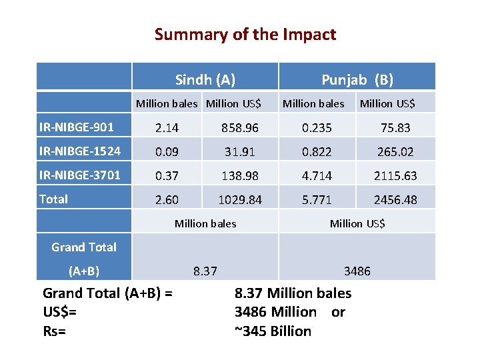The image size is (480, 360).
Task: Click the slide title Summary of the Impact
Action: [x=245, y=34]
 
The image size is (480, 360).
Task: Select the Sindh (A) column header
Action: [x=205, y=80]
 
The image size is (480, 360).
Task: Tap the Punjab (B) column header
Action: [x=357, y=80]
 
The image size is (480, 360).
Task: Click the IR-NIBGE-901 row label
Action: [x=75, y=127]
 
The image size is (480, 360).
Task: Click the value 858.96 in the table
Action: [x=241, y=127]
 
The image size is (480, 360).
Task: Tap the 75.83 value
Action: [x=395, y=127]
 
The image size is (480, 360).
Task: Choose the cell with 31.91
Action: [x=241, y=151]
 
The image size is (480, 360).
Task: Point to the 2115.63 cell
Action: [x=395, y=175]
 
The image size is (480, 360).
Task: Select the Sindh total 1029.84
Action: [x=241, y=199]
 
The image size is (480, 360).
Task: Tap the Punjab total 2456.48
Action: [x=395, y=199]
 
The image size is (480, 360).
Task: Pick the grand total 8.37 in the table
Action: [x=205, y=271]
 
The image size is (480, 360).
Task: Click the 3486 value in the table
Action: [x=357, y=271]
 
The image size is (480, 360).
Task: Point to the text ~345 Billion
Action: [x=273, y=331]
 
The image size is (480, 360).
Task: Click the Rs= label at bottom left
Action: [x=54, y=331]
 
